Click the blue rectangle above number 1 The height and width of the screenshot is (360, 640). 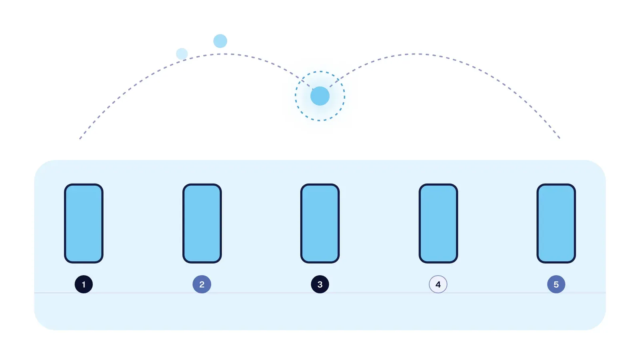click(84, 224)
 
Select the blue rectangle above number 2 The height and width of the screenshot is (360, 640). click(202, 224)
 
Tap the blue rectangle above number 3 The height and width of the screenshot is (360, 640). click(320, 224)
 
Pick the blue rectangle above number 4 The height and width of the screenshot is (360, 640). click(438, 224)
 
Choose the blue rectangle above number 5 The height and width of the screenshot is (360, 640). click(556, 224)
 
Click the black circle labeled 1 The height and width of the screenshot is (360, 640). click(84, 284)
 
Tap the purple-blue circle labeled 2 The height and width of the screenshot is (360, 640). click(202, 284)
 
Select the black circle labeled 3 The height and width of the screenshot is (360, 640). click(320, 284)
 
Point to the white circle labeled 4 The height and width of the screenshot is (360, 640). click(438, 284)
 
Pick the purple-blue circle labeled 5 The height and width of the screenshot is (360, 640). click(556, 284)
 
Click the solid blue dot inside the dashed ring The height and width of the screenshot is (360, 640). click(320, 96)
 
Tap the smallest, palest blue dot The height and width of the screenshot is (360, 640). click(182, 54)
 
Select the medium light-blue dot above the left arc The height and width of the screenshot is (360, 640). click(220, 41)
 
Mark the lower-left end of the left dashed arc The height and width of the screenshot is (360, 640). click(80, 139)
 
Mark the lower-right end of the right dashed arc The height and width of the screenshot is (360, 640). click(560, 138)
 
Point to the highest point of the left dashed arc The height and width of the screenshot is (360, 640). click(224, 54)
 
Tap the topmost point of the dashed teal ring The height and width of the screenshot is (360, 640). click(320, 72)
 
